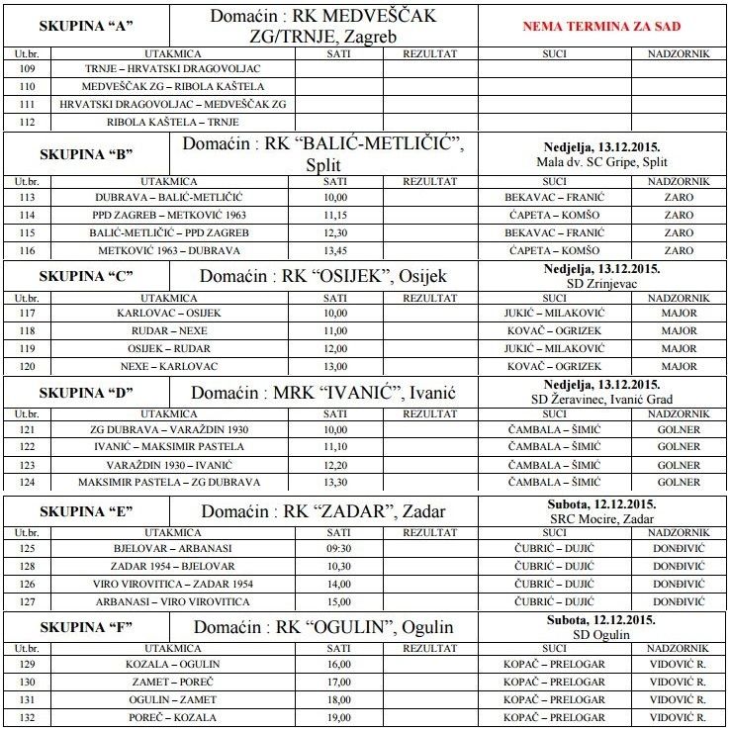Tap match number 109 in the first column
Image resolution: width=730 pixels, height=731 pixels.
point(27,69)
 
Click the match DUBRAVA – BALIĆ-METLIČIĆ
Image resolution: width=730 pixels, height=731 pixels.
point(168,197)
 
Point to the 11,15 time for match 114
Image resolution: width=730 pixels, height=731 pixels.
point(336,215)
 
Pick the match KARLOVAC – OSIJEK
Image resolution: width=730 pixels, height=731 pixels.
point(168,314)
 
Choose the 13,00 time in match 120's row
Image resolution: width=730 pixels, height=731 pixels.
point(336,366)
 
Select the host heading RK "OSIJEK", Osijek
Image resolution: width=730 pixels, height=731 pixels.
point(322,276)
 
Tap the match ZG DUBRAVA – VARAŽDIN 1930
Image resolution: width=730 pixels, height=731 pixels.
point(168,430)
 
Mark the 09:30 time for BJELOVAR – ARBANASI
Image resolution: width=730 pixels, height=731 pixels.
point(336,547)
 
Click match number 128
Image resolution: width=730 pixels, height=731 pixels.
point(27,566)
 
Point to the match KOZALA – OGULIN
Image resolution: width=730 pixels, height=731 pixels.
point(168,664)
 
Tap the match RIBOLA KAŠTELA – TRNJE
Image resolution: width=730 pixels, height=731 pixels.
point(168,122)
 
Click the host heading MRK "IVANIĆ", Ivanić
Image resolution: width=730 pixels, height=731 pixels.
point(322,393)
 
